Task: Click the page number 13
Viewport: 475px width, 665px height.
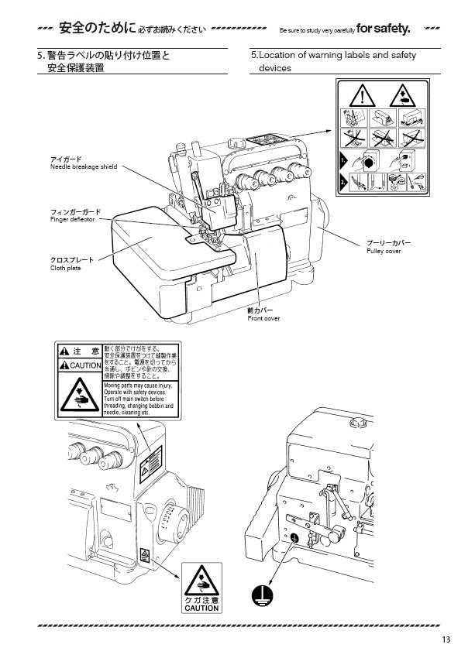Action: (446, 639)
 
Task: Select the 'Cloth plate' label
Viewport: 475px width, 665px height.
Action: (65, 269)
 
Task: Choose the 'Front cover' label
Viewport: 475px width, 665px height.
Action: (263, 318)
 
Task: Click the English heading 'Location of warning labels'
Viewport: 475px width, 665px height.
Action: (333, 55)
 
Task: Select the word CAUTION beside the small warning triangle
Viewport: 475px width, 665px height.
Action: (86, 365)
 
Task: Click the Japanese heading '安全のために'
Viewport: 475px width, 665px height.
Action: (88, 30)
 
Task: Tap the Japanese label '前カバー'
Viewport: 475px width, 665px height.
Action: (258, 310)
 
